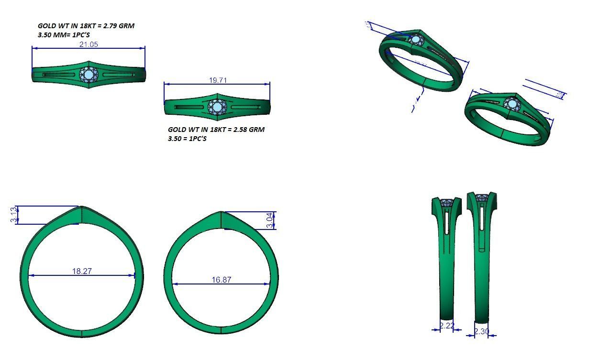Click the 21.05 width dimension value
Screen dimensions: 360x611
point(89,44)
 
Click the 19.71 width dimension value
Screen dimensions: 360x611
point(218,80)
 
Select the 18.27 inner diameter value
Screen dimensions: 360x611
point(82,271)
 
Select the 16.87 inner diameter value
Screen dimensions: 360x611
point(221,280)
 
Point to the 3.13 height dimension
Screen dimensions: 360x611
point(13,215)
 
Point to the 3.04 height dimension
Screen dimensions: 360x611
point(270,220)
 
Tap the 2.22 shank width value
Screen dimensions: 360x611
point(446,326)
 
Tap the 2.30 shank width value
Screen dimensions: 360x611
point(481,331)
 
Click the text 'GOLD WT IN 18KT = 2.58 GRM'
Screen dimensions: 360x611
point(216,130)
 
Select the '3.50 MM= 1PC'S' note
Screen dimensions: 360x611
point(64,35)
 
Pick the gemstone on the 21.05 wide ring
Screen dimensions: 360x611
point(89,75)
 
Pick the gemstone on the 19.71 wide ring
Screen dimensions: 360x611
point(217,106)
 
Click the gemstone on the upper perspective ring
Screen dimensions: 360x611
point(416,40)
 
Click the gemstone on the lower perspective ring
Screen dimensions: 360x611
point(512,104)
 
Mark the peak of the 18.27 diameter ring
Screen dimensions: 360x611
point(82,207)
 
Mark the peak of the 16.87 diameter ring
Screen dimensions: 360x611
point(221,212)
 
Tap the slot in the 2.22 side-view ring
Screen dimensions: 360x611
point(446,222)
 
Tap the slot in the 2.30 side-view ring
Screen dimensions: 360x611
point(482,225)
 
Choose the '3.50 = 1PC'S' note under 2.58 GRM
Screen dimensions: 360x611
point(187,139)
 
